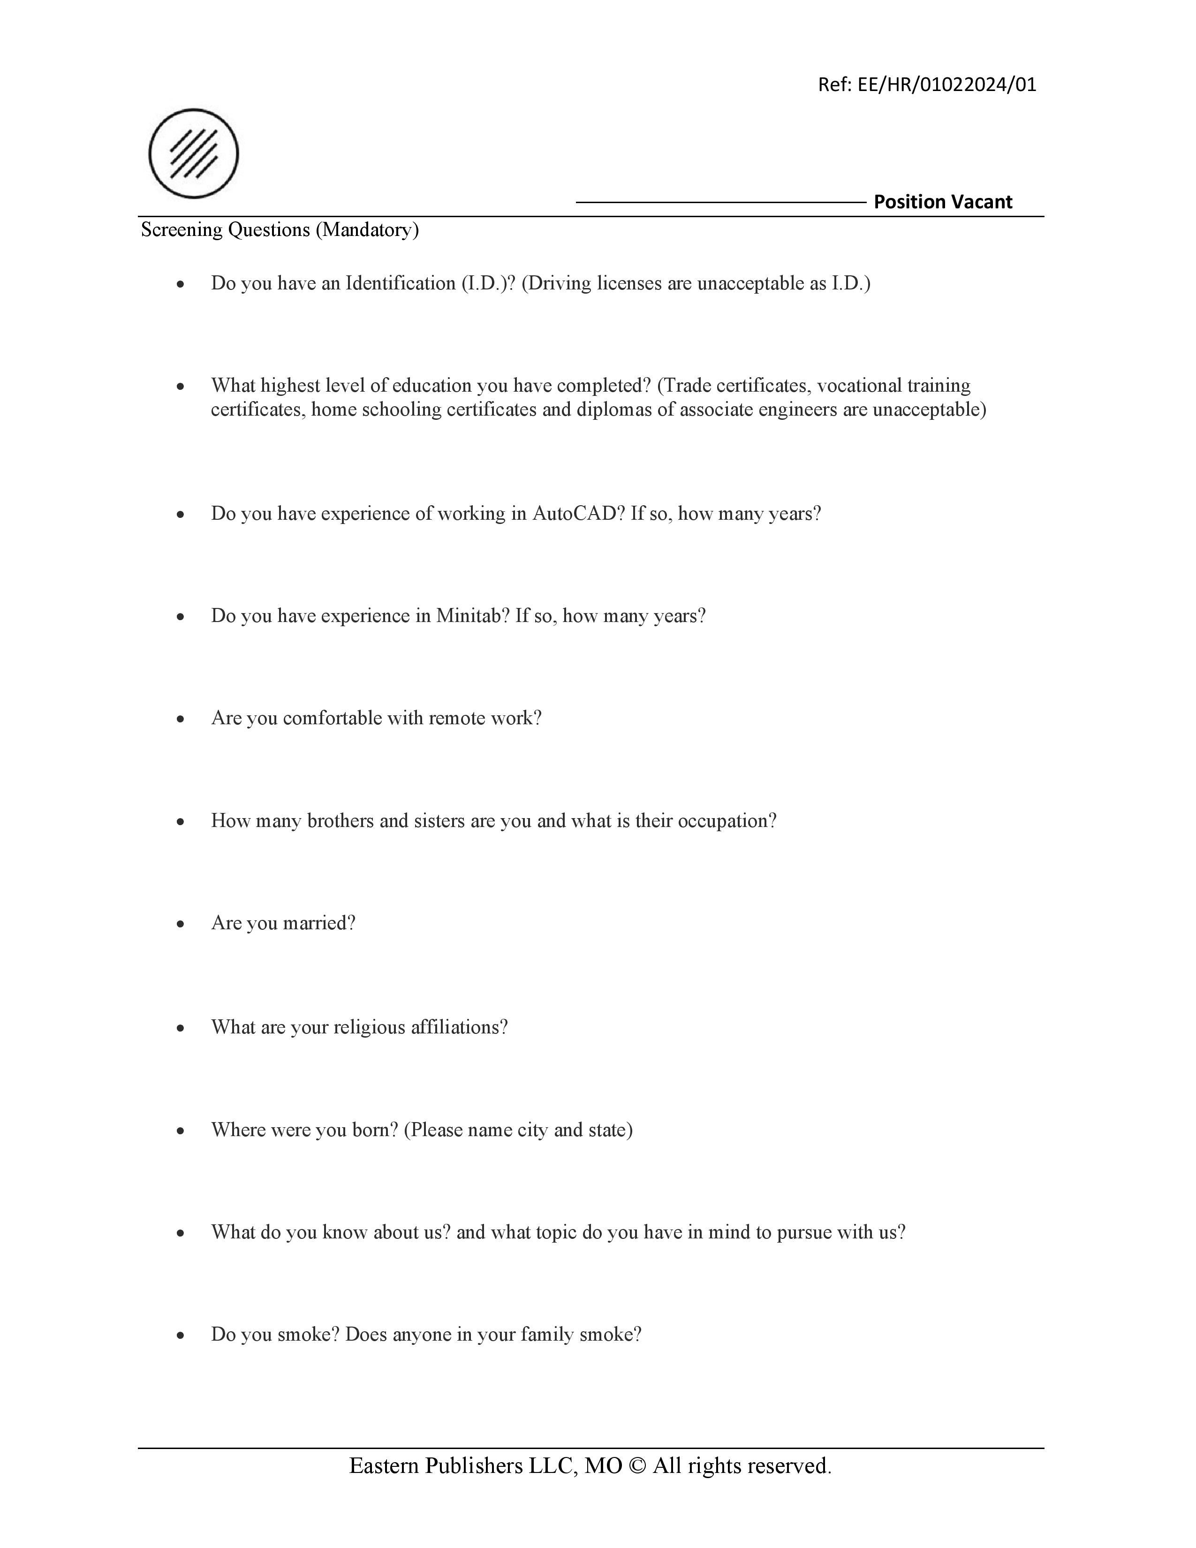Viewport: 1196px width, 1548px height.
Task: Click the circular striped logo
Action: coord(193,153)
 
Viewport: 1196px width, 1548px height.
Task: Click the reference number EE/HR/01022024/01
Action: coord(946,85)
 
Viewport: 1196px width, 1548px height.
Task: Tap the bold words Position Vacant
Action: coord(942,202)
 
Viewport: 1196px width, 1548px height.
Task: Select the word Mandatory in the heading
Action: coord(367,230)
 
